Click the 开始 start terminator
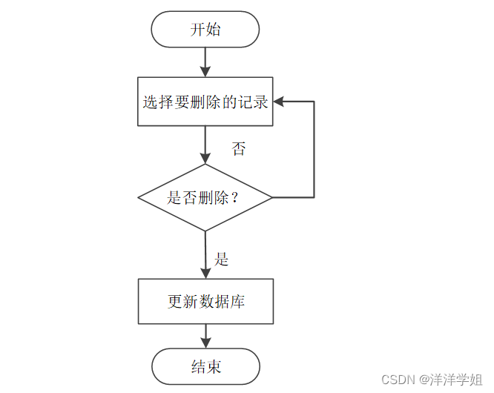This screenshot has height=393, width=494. (205, 30)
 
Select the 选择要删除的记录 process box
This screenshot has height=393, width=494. (205, 102)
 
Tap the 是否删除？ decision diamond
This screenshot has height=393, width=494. (205, 198)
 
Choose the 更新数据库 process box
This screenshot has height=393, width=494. (205, 302)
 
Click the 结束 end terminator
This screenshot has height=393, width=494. (205, 366)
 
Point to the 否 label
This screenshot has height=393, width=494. (239, 150)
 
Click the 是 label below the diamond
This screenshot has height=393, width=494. (222, 260)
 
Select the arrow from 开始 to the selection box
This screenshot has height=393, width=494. (205, 62)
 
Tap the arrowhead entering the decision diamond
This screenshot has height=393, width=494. (205, 158)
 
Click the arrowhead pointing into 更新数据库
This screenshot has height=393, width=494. (205, 272)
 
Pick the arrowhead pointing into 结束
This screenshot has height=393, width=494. (205, 343)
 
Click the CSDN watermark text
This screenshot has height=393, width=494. (396, 379)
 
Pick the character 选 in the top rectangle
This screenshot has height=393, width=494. (151, 102)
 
